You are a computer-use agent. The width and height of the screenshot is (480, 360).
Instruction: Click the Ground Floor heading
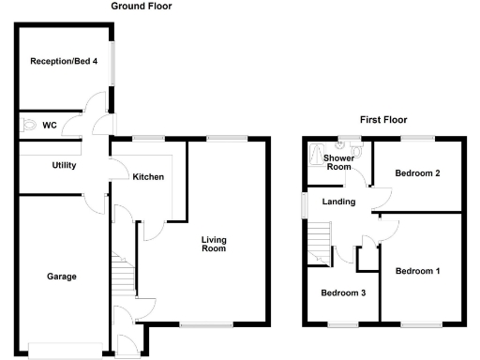(x=142, y=7)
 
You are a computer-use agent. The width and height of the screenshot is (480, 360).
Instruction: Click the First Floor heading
(x=383, y=120)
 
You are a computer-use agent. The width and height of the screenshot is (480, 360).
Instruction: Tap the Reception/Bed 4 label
(x=64, y=62)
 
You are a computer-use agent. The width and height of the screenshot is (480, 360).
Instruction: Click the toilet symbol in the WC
(x=28, y=124)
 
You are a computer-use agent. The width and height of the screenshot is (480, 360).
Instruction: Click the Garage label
(x=63, y=277)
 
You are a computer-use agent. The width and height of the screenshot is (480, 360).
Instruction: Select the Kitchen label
(x=148, y=176)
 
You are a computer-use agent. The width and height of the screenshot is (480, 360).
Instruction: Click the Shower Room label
(x=337, y=162)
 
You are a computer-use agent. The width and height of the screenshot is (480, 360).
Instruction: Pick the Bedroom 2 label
(x=417, y=173)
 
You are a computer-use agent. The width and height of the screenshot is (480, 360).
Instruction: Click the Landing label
(x=338, y=202)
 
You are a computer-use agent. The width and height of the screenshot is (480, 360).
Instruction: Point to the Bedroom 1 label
(x=417, y=271)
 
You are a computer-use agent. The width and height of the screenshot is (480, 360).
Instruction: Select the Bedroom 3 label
(x=343, y=292)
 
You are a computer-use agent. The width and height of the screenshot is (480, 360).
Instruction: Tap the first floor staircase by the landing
(x=320, y=239)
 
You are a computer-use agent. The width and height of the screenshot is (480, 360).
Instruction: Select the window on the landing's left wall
(x=303, y=204)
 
